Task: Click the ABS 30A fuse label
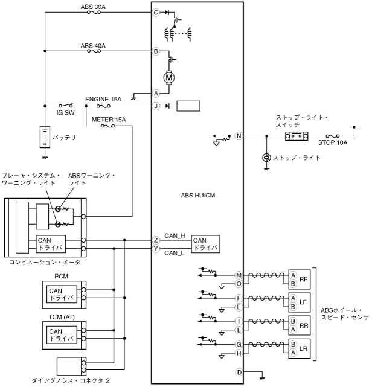click(93, 7)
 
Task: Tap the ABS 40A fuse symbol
click(94, 51)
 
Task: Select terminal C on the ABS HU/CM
click(156, 12)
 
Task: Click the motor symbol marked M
click(169, 78)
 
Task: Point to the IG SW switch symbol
click(66, 106)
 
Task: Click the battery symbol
click(45, 137)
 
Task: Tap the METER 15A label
click(109, 120)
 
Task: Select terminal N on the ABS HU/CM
click(239, 136)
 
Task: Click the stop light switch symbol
click(297, 136)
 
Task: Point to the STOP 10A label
click(333, 142)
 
